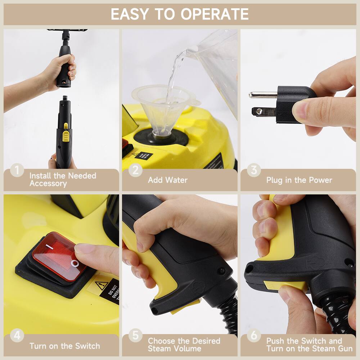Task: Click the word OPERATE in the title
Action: (215, 14)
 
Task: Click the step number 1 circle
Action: (17, 170)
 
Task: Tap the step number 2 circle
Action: (135, 170)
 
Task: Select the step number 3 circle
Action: (254, 170)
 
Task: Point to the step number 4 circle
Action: (17, 336)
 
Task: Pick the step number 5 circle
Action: (135, 336)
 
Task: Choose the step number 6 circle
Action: (254, 336)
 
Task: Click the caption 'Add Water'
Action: (168, 180)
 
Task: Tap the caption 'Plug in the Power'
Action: (299, 180)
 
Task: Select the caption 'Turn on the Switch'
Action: (65, 346)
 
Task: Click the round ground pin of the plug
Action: (263, 95)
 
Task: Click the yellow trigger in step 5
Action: (158, 274)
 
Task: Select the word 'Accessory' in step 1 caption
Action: (48, 184)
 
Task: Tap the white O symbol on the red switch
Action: (75, 264)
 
